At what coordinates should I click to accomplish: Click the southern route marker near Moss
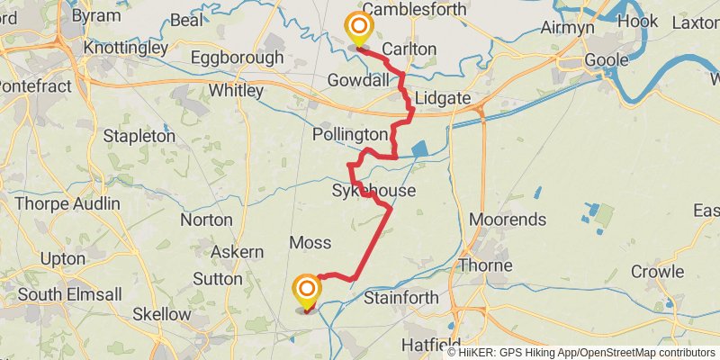[307, 290]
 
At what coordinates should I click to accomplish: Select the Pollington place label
[349, 134]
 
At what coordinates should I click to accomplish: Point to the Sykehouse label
[373, 191]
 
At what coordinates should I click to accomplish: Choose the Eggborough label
[237, 58]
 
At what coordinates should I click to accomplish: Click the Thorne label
[485, 265]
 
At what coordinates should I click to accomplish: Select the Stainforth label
[400, 298]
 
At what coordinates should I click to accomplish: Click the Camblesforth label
[415, 9]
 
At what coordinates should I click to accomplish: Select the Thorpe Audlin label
[67, 203]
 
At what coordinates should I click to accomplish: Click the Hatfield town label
[431, 345]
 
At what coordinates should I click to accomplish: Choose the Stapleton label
[139, 136]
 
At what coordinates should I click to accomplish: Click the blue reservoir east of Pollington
[419, 150]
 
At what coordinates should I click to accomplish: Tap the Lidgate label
[444, 96]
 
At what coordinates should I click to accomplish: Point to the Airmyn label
[569, 28]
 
